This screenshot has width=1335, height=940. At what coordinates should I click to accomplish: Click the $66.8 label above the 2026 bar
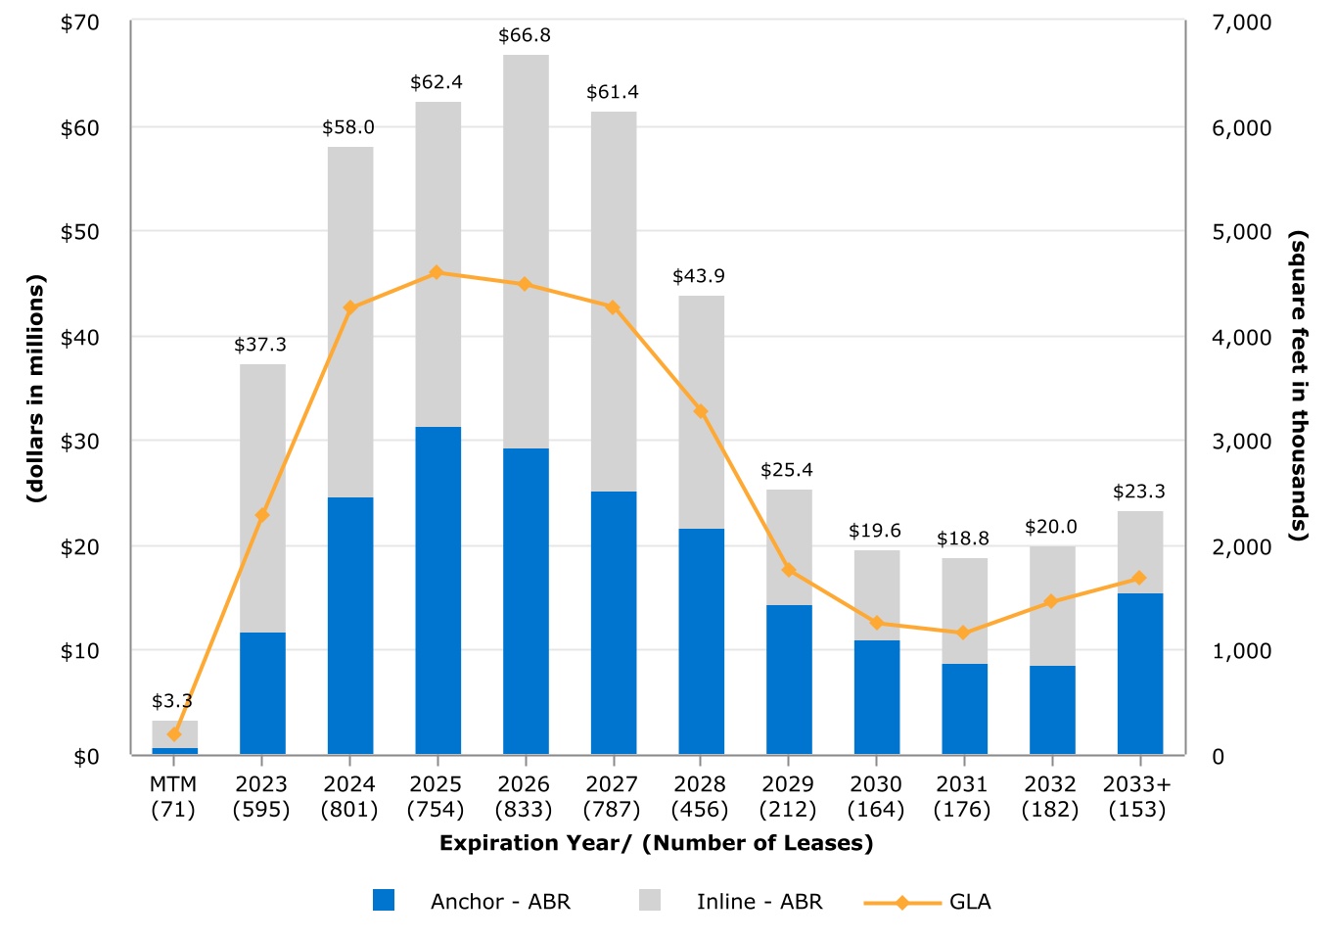pyautogui.click(x=525, y=35)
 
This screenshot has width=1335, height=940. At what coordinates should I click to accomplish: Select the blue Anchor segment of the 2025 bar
pyautogui.click(x=437, y=589)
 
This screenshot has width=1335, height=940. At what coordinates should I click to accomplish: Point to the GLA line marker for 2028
pyautogui.click(x=701, y=411)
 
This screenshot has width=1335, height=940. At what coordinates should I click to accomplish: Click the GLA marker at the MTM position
pyautogui.click(x=174, y=733)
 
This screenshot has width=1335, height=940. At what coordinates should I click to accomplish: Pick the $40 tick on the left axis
pyautogui.click(x=80, y=337)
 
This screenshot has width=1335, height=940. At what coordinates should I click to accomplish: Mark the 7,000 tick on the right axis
pyautogui.click(x=1241, y=23)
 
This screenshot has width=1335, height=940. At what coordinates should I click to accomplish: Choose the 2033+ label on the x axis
pyautogui.click(x=1136, y=784)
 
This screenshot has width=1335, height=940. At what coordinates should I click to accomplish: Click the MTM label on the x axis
pyautogui.click(x=173, y=784)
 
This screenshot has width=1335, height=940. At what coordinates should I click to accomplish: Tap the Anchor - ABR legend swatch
pyautogui.click(x=384, y=901)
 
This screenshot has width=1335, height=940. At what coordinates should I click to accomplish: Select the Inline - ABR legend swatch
pyautogui.click(x=650, y=901)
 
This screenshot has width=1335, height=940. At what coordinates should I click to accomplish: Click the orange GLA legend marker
pyautogui.click(x=902, y=902)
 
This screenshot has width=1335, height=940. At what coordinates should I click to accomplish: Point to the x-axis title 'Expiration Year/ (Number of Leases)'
pyautogui.click(x=656, y=843)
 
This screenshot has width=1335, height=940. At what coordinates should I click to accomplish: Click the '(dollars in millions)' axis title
pyautogui.click(x=36, y=389)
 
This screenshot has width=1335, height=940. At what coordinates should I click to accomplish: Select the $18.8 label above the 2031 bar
pyautogui.click(x=963, y=539)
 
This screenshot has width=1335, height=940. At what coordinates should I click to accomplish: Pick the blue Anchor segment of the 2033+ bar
pyautogui.click(x=1140, y=674)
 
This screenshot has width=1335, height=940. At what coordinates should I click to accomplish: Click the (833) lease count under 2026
pyautogui.click(x=524, y=810)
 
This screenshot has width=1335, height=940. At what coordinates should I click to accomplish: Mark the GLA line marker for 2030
pyautogui.click(x=877, y=623)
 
